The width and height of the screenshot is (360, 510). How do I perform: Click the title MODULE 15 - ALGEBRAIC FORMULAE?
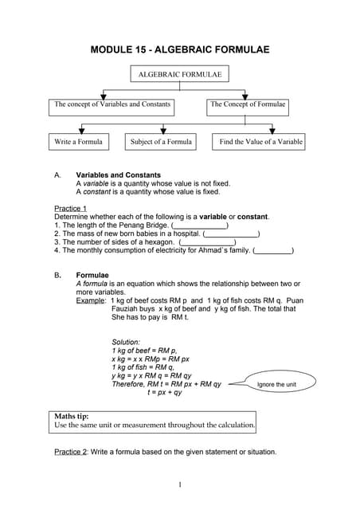(180, 49)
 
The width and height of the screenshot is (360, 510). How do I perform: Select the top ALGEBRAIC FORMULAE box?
(180, 75)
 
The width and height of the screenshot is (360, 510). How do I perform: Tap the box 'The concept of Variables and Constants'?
(112, 104)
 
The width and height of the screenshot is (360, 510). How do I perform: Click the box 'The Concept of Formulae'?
(248, 104)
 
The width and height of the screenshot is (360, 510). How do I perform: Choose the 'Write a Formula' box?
(78, 142)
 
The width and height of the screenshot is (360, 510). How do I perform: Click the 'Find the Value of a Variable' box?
(261, 142)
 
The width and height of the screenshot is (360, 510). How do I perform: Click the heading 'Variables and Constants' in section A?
(118, 175)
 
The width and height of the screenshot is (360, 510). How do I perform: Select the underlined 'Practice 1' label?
(70, 208)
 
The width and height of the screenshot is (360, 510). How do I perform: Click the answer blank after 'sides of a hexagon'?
(208, 242)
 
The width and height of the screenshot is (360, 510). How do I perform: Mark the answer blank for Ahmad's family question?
(273, 250)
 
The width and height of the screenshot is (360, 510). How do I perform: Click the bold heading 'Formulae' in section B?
(92, 275)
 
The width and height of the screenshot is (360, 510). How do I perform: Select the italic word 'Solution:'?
(126, 342)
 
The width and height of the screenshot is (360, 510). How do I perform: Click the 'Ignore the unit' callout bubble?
(276, 385)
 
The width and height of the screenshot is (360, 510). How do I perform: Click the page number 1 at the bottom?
(181, 484)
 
